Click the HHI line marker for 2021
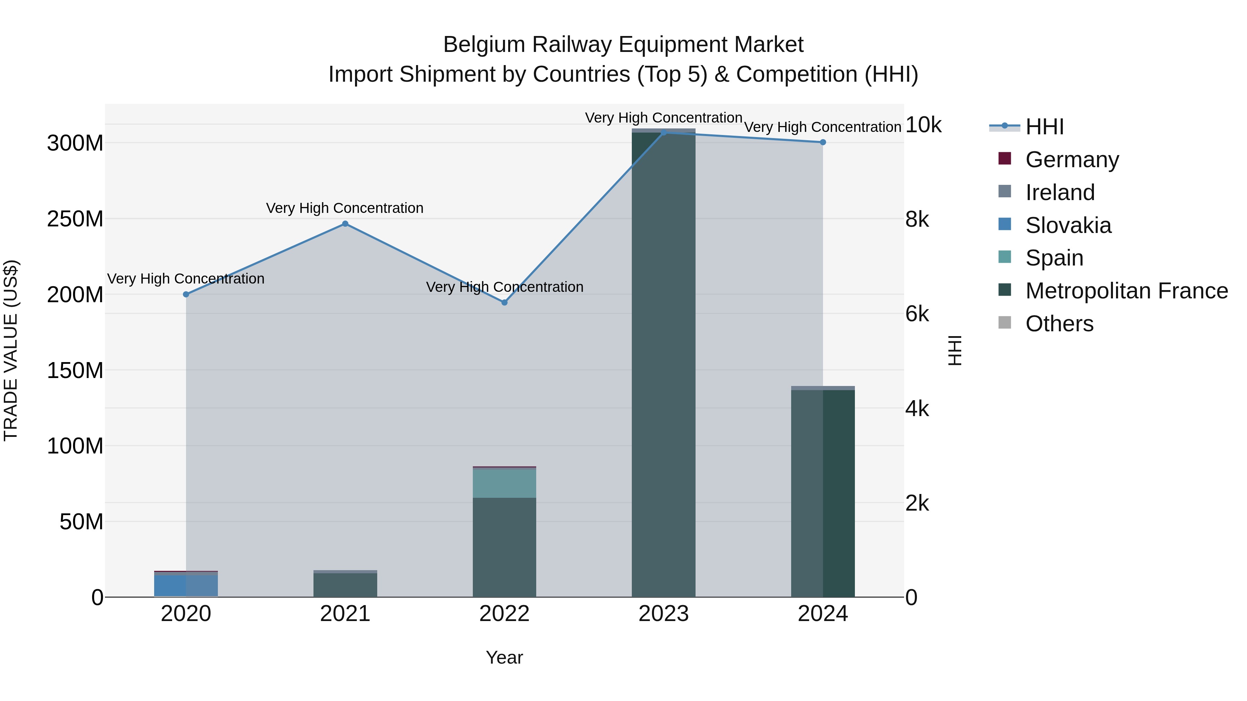point(345,224)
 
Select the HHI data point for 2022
point(504,302)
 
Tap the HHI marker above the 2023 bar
point(664,132)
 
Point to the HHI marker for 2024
point(822,142)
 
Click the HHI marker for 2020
point(186,294)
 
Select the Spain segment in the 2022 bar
point(504,483)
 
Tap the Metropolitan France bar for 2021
point(345,585)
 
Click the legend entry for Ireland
point(1059,192)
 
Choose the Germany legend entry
point(1071,159)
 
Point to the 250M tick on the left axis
point(75,219)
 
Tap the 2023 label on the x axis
point(663,614)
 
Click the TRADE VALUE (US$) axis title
point(11,350)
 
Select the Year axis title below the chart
point(504,657)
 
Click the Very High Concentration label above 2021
point(345,208)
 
